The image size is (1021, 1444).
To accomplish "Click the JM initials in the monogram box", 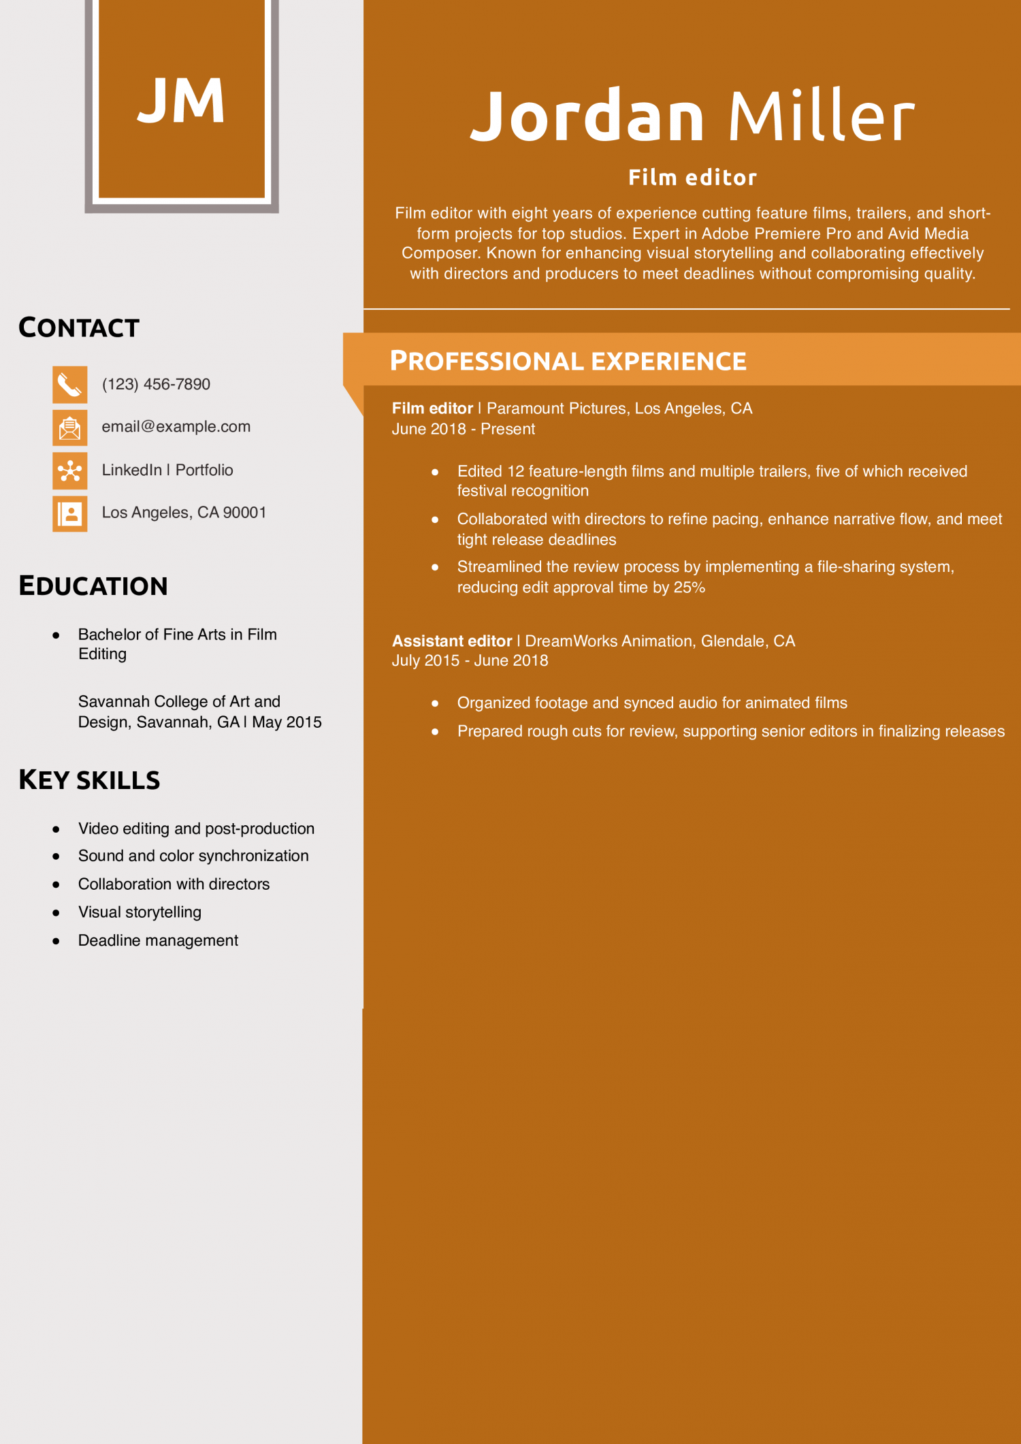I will [181, 101].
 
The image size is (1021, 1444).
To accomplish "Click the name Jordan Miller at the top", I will [692, 116].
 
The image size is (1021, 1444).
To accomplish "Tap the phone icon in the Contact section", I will [70, 385].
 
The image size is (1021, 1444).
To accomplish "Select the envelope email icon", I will [70, 428].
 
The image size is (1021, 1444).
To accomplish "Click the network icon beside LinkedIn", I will [70, 470].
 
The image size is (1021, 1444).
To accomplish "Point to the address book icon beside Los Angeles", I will [70, 513].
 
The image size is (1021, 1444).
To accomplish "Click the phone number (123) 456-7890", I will [156, 385].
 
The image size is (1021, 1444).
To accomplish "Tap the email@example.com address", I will [176, 427].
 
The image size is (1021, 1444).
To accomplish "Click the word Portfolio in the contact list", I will [204, 470].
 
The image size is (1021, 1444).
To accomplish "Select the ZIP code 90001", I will [244, 513].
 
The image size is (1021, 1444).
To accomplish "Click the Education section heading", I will [93, 586].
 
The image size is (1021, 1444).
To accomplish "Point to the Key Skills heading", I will [89, 780].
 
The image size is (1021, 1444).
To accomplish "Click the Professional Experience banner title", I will [568, 361].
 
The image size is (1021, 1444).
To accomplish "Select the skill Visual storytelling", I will [140, 912].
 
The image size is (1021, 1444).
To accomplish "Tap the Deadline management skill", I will [158, 941].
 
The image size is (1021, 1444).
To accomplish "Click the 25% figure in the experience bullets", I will [689, 588].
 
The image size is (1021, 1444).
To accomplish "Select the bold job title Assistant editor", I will [452, 641].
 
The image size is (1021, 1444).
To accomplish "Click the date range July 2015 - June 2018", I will [470, 661].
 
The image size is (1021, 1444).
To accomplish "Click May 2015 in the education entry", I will [287, 722].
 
